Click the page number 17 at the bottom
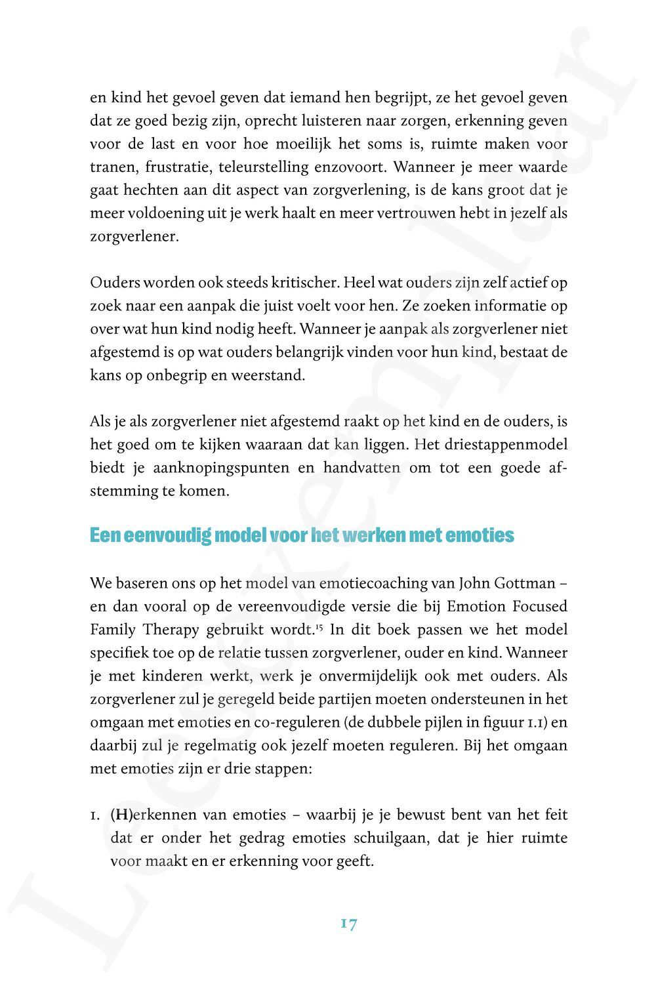pyautogui.click(x=349, y=924)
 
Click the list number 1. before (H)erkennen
pyautogui.click(x=96, y=815)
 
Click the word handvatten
pyautogui.click(x=363, y=468)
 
